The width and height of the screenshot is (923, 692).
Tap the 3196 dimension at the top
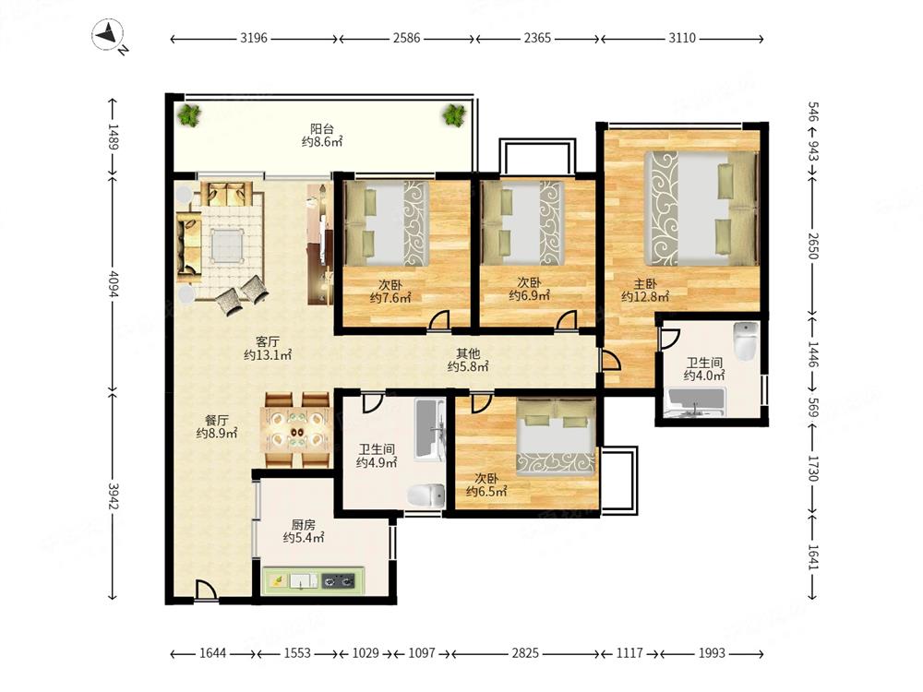[254, 38]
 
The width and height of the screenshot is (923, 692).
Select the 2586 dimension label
[407, 38]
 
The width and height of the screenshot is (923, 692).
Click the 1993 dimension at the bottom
[712, 653]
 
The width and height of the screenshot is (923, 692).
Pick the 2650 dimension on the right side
[813, 246]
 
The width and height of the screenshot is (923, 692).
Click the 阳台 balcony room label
[322, 128]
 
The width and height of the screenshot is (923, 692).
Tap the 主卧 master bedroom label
[645, 283]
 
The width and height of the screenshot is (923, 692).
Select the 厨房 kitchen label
[303, 524]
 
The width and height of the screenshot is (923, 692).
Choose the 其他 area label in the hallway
[468, 353]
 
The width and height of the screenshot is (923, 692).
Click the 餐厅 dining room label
[217, 420]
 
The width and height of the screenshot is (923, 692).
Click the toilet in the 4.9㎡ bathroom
[426, 495]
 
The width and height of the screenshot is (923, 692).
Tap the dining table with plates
[295, 430]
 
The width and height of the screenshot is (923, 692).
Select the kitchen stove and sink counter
[313, 580]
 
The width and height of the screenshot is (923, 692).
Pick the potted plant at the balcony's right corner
[454, 113]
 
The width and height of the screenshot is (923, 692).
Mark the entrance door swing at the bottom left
[206, 591]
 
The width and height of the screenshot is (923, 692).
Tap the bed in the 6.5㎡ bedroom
[557, 436]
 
